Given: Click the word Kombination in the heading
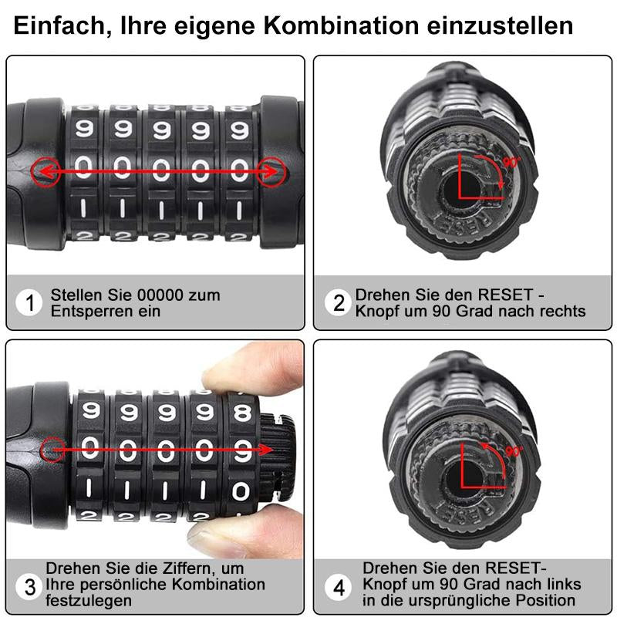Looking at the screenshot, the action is point(341,26).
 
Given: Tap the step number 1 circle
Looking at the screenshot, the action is point(29,302).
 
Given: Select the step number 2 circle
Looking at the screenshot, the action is point(338,302).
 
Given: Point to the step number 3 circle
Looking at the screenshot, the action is point(29,587).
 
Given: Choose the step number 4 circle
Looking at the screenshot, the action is point(338,587).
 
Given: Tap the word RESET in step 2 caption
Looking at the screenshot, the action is point(505,295).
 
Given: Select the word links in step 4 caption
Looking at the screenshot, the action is point(561,584).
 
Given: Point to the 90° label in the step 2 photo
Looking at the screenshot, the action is point(512,162).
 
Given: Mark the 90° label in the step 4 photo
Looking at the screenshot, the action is point(514,451).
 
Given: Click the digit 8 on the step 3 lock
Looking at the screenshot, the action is point(242,412).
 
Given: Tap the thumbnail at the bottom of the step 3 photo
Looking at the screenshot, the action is point(221,538).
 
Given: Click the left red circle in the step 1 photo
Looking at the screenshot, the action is point(46,172).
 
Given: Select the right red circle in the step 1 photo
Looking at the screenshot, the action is point(271,172).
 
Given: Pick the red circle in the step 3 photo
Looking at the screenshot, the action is point(52,450).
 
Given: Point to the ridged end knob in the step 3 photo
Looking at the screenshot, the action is point(278,457).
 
